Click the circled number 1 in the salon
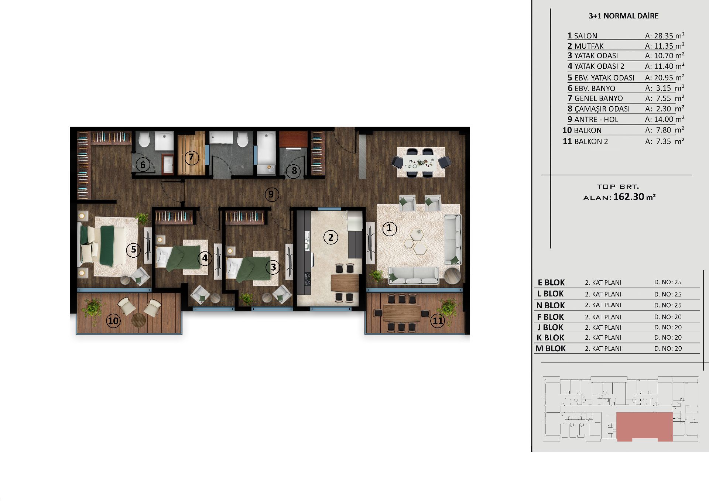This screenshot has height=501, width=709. click(x=389, y=229)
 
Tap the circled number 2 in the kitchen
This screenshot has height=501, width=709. click(x=330, y=237)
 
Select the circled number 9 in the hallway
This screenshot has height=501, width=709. click(x=271, y=194)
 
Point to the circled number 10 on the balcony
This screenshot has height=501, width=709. click(x=113, y=320)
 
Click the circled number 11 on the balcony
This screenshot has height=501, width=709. click(x=438, y=320)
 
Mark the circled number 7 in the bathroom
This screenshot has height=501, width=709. click(x=191, y=158)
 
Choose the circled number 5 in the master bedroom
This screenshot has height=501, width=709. click(x=133, y=250)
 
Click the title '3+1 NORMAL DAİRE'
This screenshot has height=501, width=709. click(x=623, y=16)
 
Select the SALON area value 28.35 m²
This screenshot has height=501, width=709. click(x=664, y=36)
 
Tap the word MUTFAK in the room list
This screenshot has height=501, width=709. click(x=589, y=46)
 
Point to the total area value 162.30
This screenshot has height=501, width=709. click(x=629, y=197)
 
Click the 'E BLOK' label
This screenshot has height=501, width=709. click(x=551, y=282)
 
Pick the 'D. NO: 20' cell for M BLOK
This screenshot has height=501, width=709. click(x=668, y=349)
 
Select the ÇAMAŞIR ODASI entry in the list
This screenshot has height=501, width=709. click(x=602, y=109)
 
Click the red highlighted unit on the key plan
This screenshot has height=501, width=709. click(x=644, y=426)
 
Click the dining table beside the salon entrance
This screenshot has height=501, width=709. click(x=421, y=162)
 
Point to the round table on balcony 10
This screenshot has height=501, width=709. click(x=138, y=320)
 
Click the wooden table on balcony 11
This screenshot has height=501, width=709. click(x=402, y=313)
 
